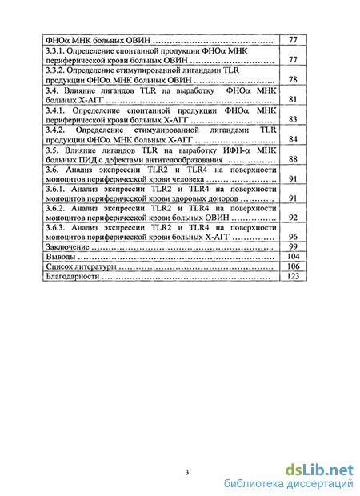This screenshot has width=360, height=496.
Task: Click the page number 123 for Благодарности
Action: (293, 276)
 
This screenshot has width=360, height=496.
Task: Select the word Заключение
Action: (67, 246)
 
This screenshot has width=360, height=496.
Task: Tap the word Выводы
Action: (61, 257)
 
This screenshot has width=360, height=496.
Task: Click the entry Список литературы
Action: (82, 266)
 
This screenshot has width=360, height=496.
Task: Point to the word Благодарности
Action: (73, 277)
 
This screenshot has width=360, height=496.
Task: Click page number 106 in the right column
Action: (293, 266)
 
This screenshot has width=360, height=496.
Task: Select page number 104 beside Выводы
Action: (293, 256)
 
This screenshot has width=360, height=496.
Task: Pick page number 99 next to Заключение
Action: (293, 246)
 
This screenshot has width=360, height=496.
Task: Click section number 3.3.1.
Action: (54, 50)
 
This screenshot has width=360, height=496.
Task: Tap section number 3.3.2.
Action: (55, 70)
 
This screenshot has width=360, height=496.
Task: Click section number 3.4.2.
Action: (55, 130)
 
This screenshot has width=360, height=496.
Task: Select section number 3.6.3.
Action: (55, 228)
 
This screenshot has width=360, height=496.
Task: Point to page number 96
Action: (293, 237)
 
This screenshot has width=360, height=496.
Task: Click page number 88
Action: (293, 158)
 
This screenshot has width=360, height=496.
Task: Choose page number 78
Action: (293, 79)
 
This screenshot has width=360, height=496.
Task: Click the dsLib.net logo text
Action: (319, 470)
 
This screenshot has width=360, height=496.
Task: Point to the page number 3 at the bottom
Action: (187, 473)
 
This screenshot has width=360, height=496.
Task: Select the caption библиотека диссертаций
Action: (288, 484)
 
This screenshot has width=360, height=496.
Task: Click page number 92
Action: (293, 218)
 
